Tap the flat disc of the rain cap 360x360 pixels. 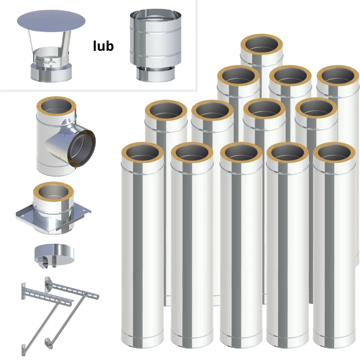(x=51, y=21)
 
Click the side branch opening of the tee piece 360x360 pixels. (x=81, y=148)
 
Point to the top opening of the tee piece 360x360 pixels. (x=56, y=107)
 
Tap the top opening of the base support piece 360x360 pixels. (x=53, y=192)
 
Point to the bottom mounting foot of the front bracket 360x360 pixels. (x=24, y=350)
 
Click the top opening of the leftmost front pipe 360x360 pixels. (x=143, y=153)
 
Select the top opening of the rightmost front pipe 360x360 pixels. (x=334, y=153)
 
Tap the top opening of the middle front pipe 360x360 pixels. (x=241, y=153)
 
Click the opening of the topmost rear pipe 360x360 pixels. (x=261, y=45)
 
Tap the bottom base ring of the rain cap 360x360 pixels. (x=51, y=73)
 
